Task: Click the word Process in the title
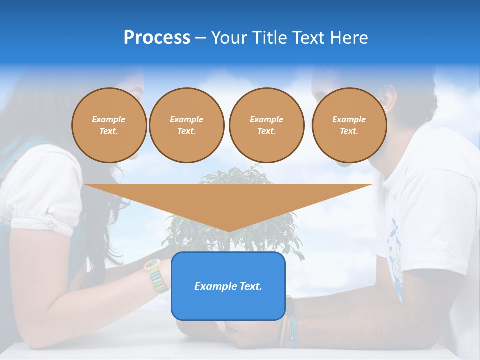tap(157, 38)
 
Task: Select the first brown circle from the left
tap(109, 125)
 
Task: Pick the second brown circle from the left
tap(186, 125)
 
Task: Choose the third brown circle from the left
tap(266, 125)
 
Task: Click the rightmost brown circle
tap(349, 125)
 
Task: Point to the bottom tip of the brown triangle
tap(228, 231)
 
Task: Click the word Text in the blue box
tap(251, 286)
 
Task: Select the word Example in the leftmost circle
tap(109, 119)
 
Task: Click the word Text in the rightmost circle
tap(349, 131)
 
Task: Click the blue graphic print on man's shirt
tap(396, 250)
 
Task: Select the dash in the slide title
tap(200, 38)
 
